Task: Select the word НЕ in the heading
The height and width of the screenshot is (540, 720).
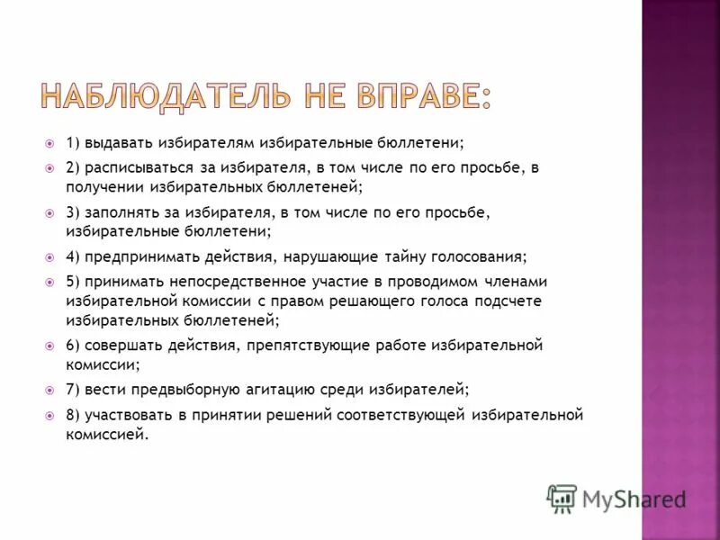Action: click(x=309, y=97)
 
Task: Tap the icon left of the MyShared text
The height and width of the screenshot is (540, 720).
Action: click(x=562, y=498)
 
